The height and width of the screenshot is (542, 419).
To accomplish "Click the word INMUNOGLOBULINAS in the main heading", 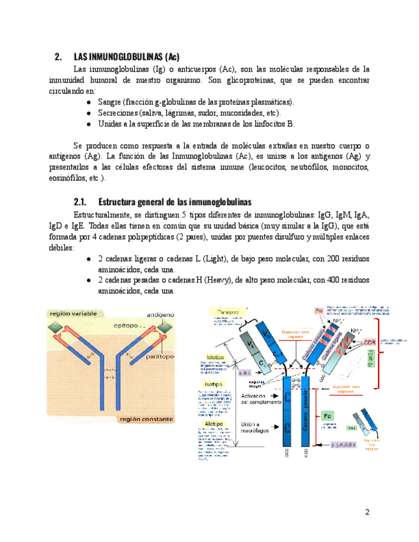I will coord(118,56).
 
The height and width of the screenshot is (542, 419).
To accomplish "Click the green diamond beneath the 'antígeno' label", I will coord(165,327).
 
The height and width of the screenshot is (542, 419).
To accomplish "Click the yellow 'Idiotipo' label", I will coord(214,357).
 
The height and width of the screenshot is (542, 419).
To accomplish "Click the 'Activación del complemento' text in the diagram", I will coord(260,400).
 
